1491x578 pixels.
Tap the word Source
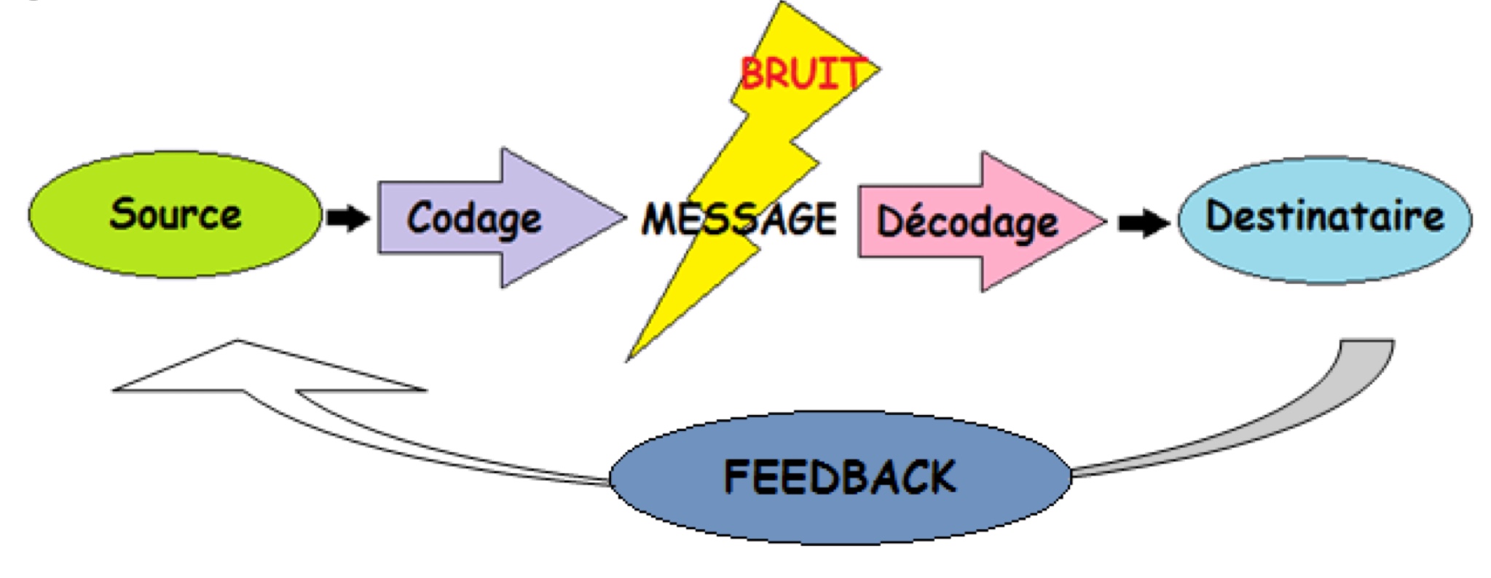tap(176, 214)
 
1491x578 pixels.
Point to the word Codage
tap(474, 218)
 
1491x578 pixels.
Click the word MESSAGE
tap(739, 218)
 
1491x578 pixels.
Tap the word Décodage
tap(967, 222)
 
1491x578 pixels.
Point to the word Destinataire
tap(1324, 215)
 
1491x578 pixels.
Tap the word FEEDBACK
tap(840, 477)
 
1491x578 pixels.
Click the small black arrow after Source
tap(347, 217)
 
